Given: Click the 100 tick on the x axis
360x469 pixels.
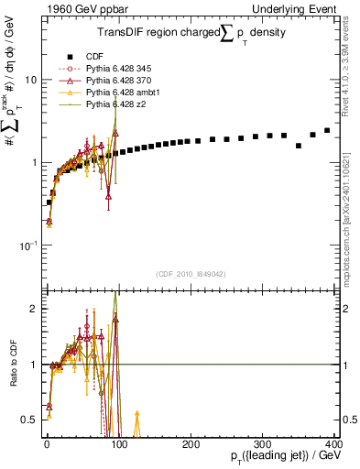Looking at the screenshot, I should click(118, 444).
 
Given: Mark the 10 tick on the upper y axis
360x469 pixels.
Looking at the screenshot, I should click(31, 80).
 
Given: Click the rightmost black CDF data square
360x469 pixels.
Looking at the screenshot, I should click(327, 130).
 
